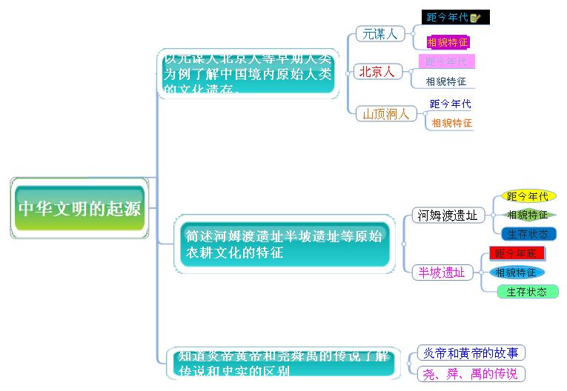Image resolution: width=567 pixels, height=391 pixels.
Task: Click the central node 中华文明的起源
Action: pyautogui.click(x=79, y=208)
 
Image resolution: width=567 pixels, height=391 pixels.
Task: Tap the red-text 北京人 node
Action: pyautogui.click(x=377, y=72)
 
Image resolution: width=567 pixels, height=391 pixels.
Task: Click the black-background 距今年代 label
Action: pyautogui.click(x=447, y=17)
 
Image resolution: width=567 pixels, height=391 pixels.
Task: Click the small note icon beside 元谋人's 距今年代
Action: pyautogui.click(x=476, y=17)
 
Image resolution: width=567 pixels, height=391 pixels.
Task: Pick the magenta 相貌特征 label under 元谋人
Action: pyautogui.click(x=447, y=42)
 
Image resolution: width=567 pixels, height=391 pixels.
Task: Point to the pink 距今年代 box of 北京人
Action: pyautogui.click(x=446, y=61)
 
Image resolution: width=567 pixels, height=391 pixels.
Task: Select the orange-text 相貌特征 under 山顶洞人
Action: pyautogui.click(x=451, y=123)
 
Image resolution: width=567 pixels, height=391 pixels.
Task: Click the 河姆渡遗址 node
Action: pyautogui.click(x=447, y=215)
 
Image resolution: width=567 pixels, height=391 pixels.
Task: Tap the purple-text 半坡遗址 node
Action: pyautogui.click(x=442, y=273)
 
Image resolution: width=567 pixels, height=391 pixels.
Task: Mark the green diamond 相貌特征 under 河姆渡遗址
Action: pyautogui.click(x=528, y=215)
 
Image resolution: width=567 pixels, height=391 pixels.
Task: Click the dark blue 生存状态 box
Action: pyautogui.click(x=528, y=234)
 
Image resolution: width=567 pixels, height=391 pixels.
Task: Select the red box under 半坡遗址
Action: pyautogui.click(x=517, y=253)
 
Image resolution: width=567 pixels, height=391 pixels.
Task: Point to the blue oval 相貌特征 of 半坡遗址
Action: pyautogui.click(x=516, y=273)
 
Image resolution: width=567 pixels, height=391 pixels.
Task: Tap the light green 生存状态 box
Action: pyautogui.click(x=527, y=292)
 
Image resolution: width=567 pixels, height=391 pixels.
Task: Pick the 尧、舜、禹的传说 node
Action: pyautogui.click(x=470, y=374)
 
